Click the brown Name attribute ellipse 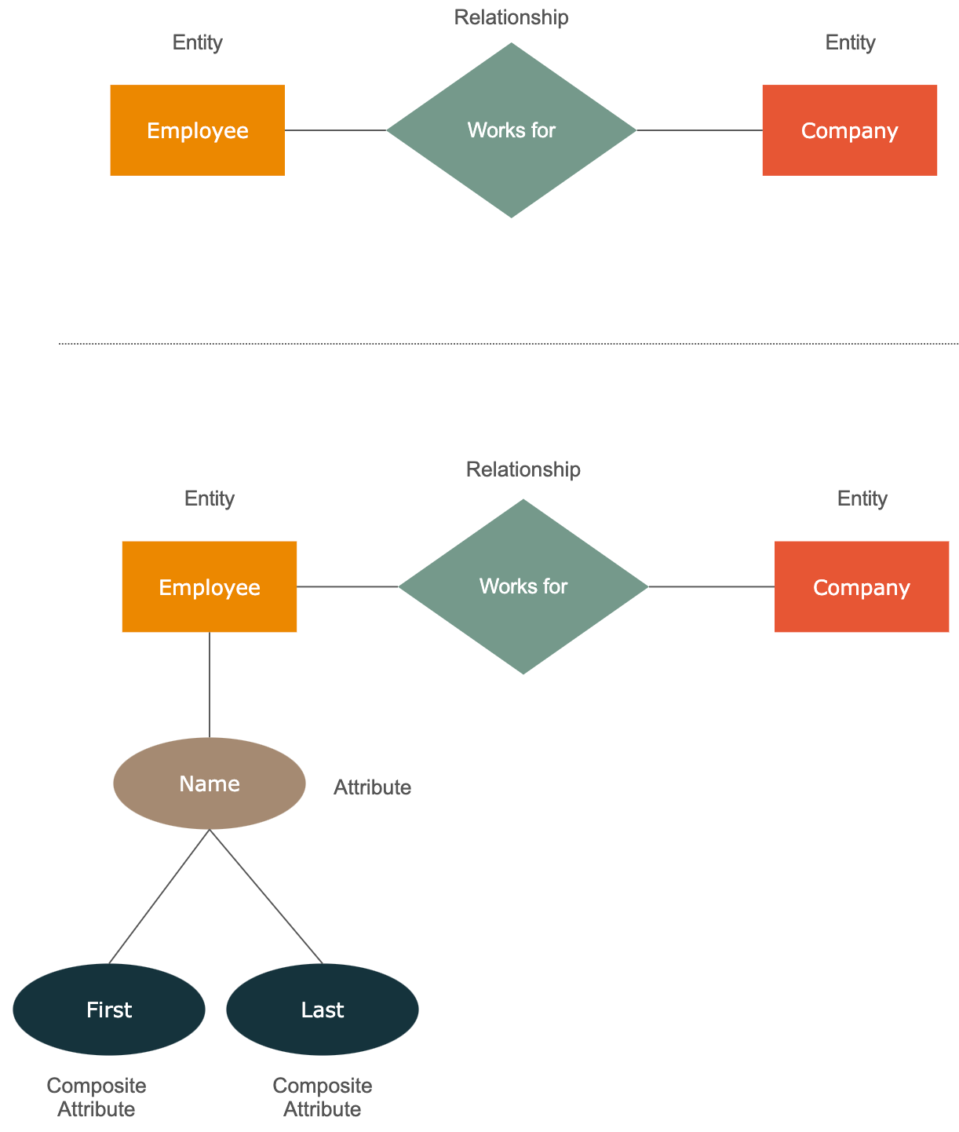(210, 783)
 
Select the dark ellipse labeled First (109, 1010)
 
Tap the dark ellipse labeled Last (323, 1010)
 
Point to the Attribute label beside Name (372, 787)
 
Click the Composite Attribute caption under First (97, 1097)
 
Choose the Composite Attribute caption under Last (323, 1097)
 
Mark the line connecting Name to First (159, 896)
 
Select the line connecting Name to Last (266, 896)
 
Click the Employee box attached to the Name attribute (210, 586)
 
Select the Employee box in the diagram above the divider (198, 130)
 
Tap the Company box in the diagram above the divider (850, 130)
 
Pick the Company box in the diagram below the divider (862, 586)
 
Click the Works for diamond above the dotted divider (512, 130)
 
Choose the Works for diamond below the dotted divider (523, 586)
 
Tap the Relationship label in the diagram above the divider (512, 17)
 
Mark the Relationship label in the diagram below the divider (523, 469)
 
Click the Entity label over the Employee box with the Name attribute (210, 498)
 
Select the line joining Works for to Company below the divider (712, 586)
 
